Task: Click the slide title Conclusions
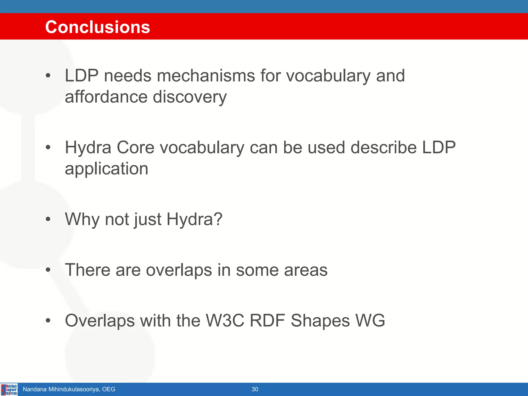click(x=97, y=27)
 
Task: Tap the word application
click(x=106, y=169)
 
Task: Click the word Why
click(x=82, y=220)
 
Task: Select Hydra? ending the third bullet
click(x=194, y=220)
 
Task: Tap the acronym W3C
click(x=225, y=321)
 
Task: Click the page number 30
click(x=255, y=389)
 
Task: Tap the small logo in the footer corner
click(x=9, y=389)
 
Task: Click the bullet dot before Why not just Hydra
click(x=48, y=219)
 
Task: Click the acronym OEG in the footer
click(x=109, y=389)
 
